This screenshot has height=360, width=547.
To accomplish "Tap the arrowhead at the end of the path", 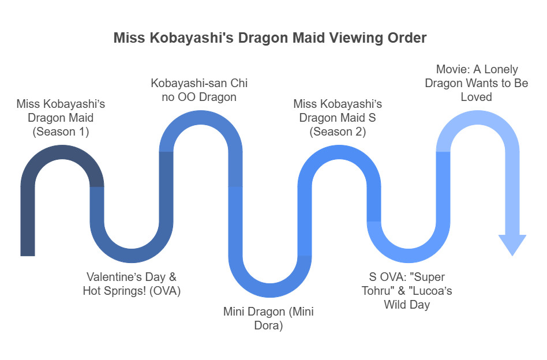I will tap(512, 245).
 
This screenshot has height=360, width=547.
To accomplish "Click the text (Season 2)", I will tap(338, 132).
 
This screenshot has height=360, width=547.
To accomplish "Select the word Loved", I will tap(476, 97).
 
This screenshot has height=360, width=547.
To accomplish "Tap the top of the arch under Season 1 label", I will tap(62, 151).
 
